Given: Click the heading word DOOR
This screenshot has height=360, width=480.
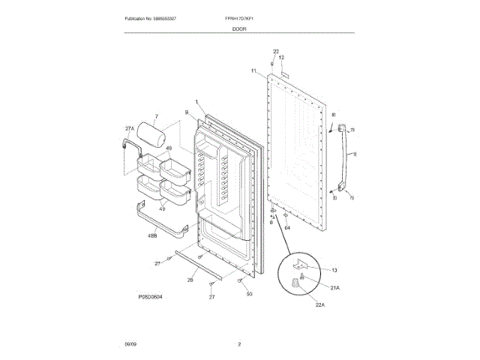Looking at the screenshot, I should tap(240, 28).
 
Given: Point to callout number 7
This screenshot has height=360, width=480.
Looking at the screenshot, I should tap(156, 116).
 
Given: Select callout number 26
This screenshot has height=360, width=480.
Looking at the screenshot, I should tap(190, 280).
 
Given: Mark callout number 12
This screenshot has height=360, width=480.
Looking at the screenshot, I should tap(282, 58).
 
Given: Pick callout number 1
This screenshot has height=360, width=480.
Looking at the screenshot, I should tap(196, 103).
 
